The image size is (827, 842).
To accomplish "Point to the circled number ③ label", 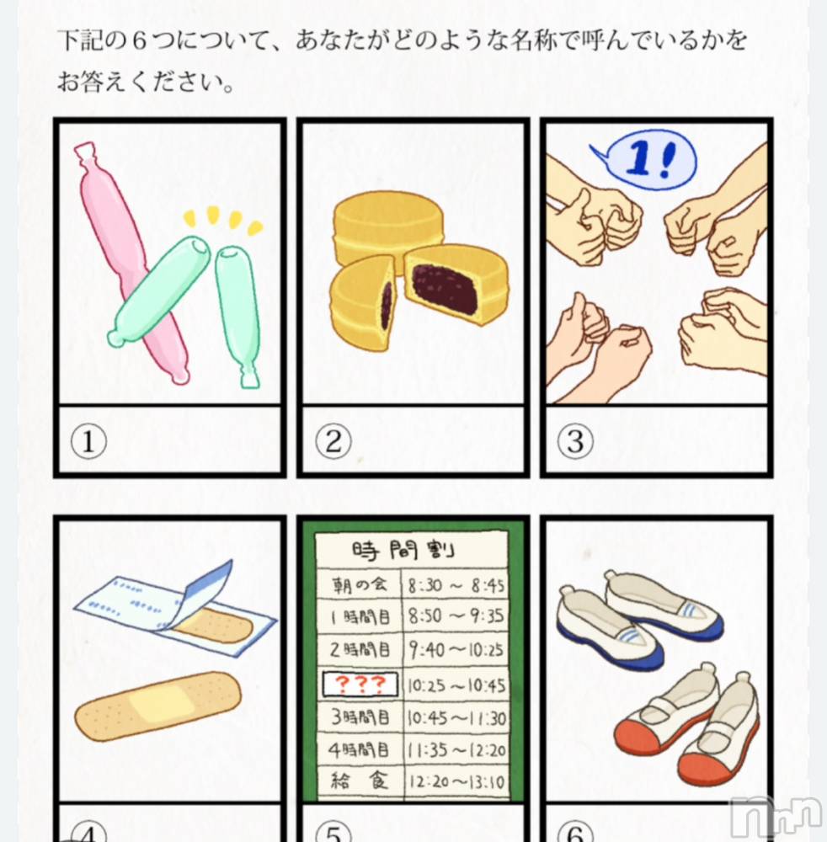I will (x=575, y=441).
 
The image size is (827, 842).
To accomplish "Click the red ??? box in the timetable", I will (x=360, y=684).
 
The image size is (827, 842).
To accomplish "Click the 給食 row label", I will (x=359, y=781).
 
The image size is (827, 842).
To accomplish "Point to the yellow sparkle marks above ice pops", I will (x=223, y=220).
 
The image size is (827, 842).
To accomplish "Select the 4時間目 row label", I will (x=359, y=749).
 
